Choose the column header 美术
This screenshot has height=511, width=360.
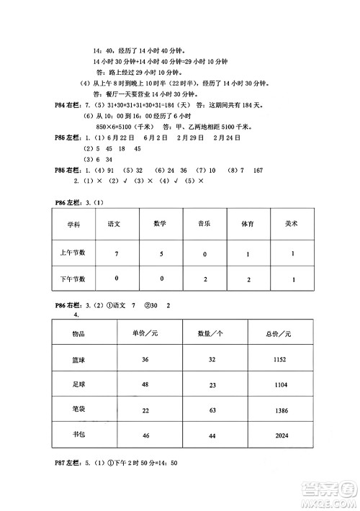(291, 225)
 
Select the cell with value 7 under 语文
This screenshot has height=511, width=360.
(115, 254)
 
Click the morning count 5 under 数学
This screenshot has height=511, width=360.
(161, 253)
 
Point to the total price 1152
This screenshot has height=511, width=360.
(280, 359)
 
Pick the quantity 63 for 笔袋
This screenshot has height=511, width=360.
(212, 410)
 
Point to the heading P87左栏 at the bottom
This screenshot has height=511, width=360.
(69, 463)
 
